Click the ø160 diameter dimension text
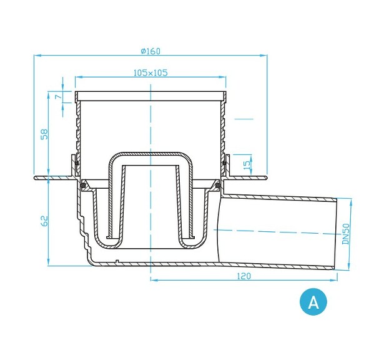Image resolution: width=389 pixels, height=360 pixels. point(150,51)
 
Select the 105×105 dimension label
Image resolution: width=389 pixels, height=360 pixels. point(150,72)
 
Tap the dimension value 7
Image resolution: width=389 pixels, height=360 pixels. point(56,97)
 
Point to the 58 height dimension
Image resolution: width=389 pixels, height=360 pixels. point(44,134)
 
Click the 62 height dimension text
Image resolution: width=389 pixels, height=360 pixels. point(44,221)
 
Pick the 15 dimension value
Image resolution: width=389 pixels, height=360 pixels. point(246,165)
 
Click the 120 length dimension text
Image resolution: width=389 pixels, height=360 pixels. point(244,276)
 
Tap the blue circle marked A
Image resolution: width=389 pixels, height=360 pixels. point(313,302)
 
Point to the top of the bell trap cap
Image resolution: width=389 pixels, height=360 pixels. point(150,153)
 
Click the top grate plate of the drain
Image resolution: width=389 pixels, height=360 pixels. point(150,94)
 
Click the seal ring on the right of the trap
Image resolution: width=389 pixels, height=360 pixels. point(217,184)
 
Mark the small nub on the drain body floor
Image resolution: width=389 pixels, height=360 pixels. point(117,259)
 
